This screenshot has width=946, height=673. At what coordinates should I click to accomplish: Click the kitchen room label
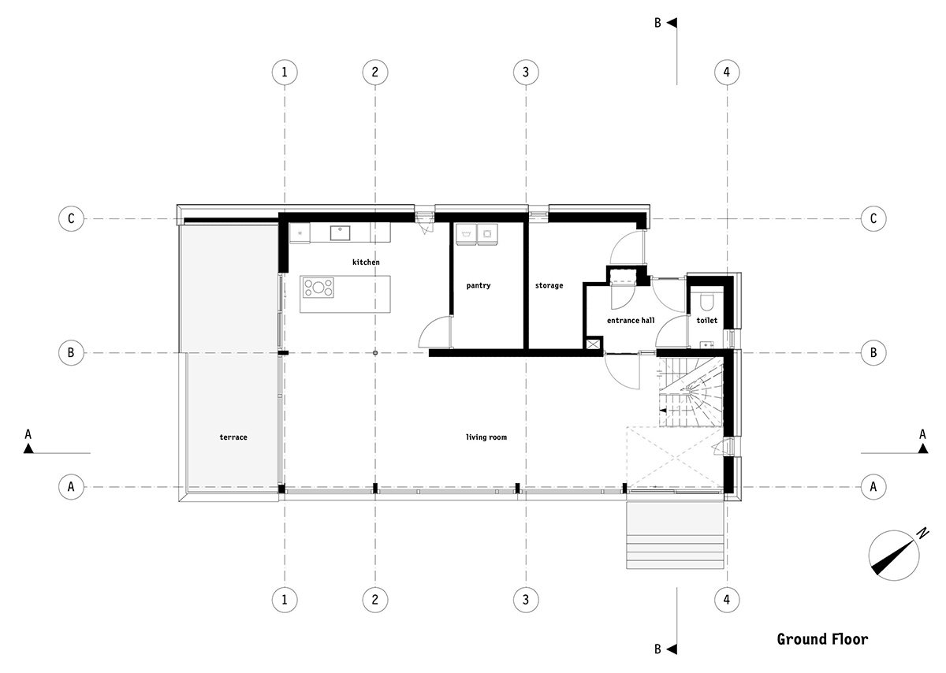(366, 262)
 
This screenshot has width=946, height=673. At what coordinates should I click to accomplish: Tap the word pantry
(478, 285)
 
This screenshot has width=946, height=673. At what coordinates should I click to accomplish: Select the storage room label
(549, 285)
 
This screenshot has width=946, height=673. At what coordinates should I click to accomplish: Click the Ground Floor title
(821, 638)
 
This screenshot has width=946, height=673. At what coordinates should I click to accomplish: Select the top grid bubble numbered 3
(526, 73)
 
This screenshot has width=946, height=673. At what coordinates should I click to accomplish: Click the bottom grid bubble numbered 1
(285, 600)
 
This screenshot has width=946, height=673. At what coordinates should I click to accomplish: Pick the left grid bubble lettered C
(71, 219)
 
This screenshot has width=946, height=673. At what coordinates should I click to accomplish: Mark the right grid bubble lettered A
(873, 486)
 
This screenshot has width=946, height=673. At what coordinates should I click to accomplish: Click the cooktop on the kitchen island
(317, 288)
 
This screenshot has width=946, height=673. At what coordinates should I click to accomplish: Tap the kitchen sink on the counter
(341, 232)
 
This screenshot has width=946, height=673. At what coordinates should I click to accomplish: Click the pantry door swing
(434, 333)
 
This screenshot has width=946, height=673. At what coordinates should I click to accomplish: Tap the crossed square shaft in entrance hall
(592, 344)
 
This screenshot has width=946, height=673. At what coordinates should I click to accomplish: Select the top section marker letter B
(657, 24)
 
